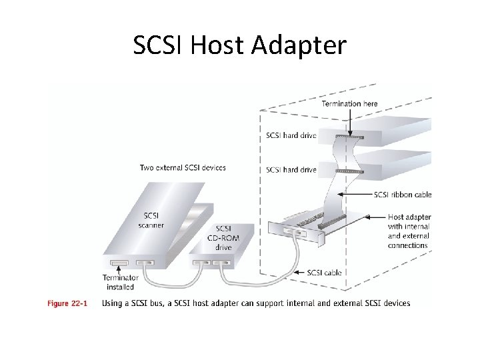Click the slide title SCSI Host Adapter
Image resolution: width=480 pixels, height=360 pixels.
[240, 45]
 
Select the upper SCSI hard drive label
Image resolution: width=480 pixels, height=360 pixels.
[291, 136]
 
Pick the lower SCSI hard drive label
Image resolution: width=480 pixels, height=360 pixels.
[291, 170]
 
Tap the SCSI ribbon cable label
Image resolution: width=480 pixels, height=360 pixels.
[403, 195]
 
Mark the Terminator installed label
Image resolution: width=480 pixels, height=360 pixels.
[120, 282]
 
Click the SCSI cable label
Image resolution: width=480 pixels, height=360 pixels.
[324, 272]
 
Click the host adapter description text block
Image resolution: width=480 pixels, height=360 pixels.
[409, 231]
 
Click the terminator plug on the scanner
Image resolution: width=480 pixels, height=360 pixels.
[119, 263]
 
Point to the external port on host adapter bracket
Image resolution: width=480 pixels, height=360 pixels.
[293, 232]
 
